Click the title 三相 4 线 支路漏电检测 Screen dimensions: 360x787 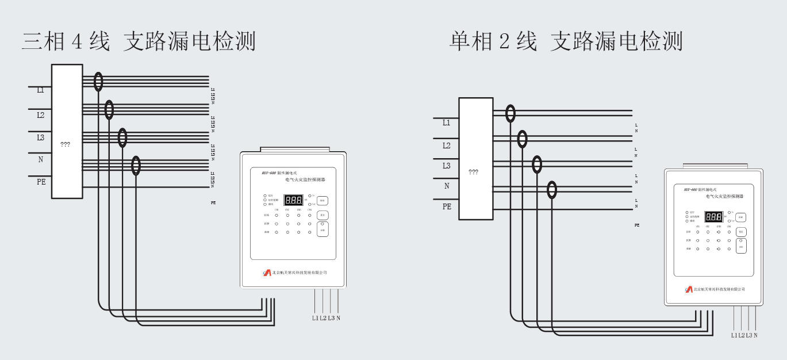(x=139, y=41)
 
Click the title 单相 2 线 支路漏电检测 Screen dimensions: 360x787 (x=566, y=41)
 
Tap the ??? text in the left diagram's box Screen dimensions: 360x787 (x=66, y=144)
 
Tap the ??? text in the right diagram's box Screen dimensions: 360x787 (x=474, y=172)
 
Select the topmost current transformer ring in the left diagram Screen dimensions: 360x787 (x=98, y=82)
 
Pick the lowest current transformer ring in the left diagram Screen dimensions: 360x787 (x=136, y=166)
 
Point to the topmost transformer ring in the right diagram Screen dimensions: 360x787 (x=510, y=113)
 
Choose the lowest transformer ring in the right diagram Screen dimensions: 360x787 (x=552, y=190)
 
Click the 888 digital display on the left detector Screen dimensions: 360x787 (x=293, y=200)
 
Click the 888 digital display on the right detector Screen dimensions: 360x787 (x=714, y=217)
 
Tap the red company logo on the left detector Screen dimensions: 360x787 (x=267, y=273)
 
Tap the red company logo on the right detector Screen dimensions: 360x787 (x=689, y=289)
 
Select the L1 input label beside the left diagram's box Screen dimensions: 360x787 (x=40, y=90)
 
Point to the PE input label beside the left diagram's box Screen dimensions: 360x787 (x=41, y=182)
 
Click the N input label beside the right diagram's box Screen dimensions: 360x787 (x=447, y=186)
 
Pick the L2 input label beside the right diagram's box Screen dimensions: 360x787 (x=447, y=146)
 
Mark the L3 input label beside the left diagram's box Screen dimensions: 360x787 (x=40, y=137)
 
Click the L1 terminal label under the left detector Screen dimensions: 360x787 (x=315, y=318)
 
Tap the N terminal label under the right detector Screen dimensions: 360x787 (x=755, y=335)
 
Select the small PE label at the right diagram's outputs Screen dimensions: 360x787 (x=637, y=225)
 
